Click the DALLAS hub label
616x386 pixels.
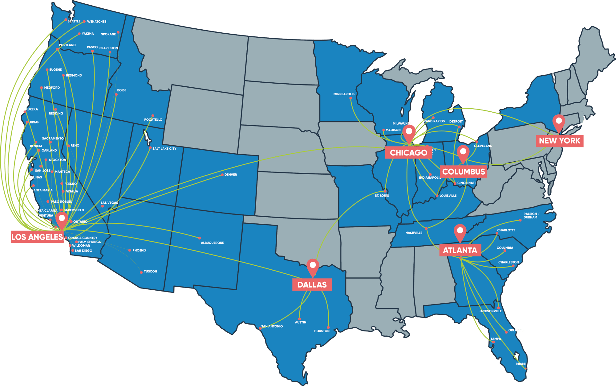[312, 284]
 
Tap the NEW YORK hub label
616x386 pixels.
[559, 141]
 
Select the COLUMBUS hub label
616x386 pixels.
[464, 172]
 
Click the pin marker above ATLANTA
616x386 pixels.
[460, 231]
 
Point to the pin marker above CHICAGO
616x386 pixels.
[409, 132]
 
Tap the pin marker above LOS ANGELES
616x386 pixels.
[62, 219]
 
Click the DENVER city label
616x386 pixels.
[230, 175]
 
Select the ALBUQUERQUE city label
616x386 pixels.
[212, 243]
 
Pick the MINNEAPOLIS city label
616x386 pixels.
[344, 94]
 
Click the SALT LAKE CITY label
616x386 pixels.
[164, 149]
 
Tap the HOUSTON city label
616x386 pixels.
[322, 331]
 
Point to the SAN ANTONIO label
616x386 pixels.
[272, 326]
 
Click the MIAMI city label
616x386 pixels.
[521, 364]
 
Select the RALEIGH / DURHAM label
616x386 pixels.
[530, 215]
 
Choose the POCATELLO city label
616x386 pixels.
[153, 120]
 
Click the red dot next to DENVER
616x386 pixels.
[222, 175]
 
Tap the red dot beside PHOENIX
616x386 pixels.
[130, 251]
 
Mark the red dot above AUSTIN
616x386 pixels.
[299, 319]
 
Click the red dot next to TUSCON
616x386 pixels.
[141, 272]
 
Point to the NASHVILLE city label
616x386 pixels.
[414, 233]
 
